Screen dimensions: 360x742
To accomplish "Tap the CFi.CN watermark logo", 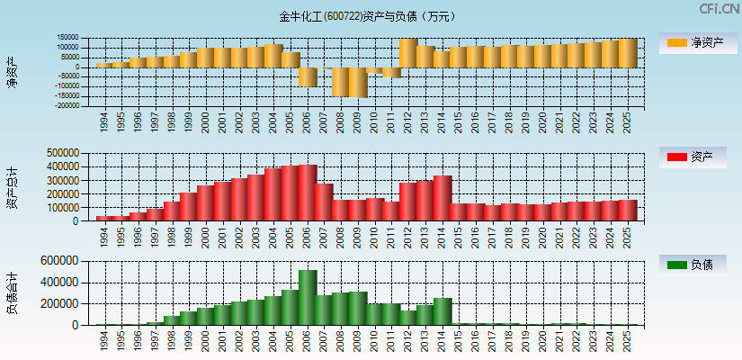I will pos(720,9).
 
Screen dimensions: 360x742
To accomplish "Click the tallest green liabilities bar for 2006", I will pos(307,297).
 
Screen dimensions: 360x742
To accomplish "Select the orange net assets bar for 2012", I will pos(407,53).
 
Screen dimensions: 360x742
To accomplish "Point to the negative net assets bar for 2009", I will pos(357,82).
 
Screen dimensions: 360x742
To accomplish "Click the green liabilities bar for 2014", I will pos(442,311).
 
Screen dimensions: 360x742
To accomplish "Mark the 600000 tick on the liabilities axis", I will pos(66,261).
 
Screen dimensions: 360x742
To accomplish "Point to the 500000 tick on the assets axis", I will pos(66,153).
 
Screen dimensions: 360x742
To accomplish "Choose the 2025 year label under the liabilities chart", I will pos(627,339).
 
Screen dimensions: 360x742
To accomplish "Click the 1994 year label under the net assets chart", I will pos(104,121).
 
